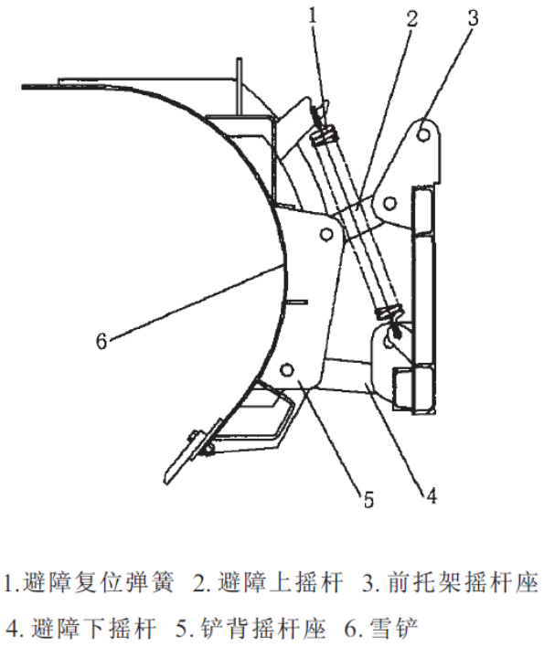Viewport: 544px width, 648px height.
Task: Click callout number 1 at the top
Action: coord(313,16)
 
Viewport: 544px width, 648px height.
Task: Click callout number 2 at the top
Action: coord(411,18)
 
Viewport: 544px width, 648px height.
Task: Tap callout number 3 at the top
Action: coord(473,18)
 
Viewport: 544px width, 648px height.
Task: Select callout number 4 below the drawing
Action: coord(431,495)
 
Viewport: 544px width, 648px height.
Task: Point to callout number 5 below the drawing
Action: coord(368,500)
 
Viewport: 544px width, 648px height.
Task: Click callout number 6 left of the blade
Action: coord(101,342)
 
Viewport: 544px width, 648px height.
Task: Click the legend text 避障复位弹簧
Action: coord(99,582)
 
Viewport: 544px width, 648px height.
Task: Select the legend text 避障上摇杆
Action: coord(281,582)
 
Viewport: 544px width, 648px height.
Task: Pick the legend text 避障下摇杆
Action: coord(93,628)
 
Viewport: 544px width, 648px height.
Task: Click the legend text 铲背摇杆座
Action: coord(263,628)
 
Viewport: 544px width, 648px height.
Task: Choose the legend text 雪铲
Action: coord(393,628)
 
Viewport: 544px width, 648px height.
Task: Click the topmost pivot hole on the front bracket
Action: coord(423,134)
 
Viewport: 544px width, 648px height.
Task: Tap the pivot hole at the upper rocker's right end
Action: coord(389,203)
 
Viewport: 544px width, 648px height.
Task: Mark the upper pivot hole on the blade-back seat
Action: coord(326,234)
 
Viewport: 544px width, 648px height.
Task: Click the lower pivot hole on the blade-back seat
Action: coord(286,369)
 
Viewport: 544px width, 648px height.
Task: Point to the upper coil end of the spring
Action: coord(325,136)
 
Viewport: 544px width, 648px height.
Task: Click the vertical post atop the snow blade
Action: coord(239,86)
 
